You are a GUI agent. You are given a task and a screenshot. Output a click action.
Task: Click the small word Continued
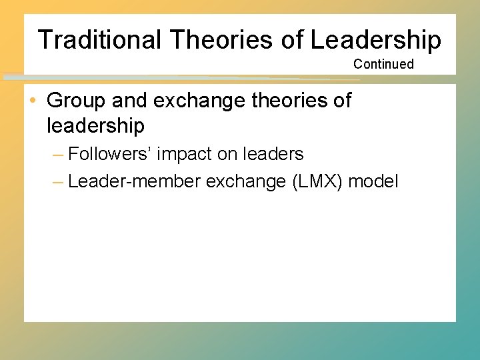[383, 64]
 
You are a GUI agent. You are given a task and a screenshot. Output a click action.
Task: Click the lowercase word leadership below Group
[95, 125]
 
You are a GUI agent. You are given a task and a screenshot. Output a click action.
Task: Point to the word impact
[181, 154]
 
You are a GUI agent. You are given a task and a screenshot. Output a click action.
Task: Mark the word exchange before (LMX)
[246, 181]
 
